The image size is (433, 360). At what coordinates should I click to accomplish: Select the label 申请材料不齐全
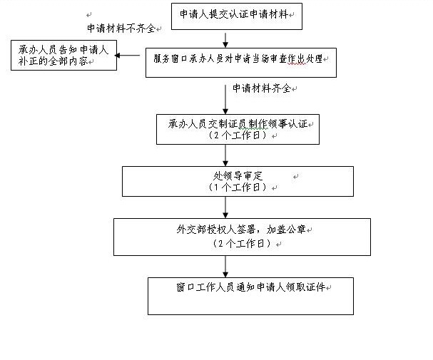[121, 28]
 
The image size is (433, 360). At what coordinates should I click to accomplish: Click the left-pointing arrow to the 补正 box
[127, 56]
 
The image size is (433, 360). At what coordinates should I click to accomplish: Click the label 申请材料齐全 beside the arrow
[262, 88]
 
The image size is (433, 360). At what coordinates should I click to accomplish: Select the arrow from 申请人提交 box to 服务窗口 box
[225, 40]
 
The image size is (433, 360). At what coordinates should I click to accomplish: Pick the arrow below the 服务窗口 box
[225, 99]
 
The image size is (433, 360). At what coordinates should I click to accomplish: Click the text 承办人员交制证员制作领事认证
[238, 124]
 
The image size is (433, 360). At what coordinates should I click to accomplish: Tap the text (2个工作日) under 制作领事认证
[238, 135]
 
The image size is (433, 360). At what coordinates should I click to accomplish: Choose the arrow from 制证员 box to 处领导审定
[225, 155]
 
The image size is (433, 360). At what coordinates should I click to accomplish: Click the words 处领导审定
[238, 176]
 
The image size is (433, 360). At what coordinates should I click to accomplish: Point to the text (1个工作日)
[238, 187]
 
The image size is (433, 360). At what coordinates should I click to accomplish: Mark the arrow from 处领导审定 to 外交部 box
[225, 207]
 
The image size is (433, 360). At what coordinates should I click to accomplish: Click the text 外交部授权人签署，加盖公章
[241, 230]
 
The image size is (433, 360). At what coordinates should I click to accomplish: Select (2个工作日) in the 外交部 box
[243, 243]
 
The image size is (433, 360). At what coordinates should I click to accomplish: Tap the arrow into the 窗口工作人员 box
[225, 267]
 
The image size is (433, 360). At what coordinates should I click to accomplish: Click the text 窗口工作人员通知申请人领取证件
[251, 287]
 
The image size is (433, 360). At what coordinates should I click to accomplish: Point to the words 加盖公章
[286, 230]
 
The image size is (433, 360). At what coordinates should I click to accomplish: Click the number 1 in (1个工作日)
[216, 187]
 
